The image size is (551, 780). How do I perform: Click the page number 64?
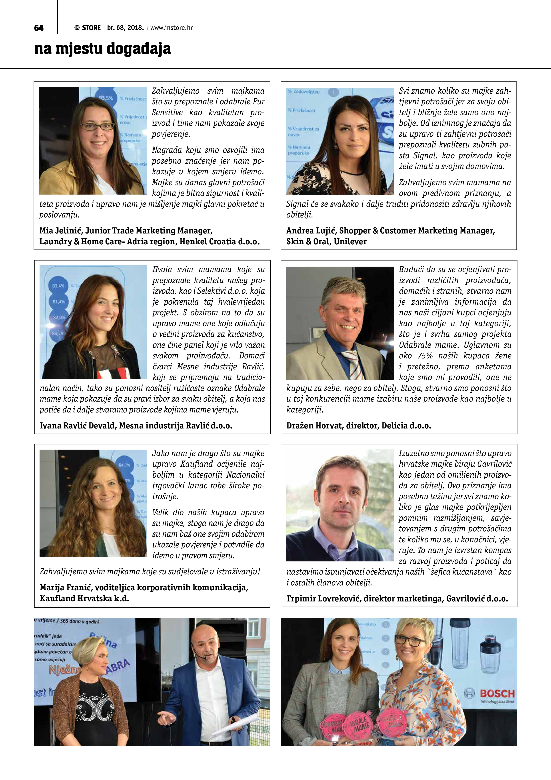point(39,28)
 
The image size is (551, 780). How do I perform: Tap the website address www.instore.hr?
point(172,28)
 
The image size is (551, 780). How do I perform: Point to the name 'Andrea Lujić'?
point(310,231)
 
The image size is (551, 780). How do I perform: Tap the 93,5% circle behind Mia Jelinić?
point(106,98)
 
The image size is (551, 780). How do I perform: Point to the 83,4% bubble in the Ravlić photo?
point(58,286)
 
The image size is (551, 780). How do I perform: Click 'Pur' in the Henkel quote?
point(259,102)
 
